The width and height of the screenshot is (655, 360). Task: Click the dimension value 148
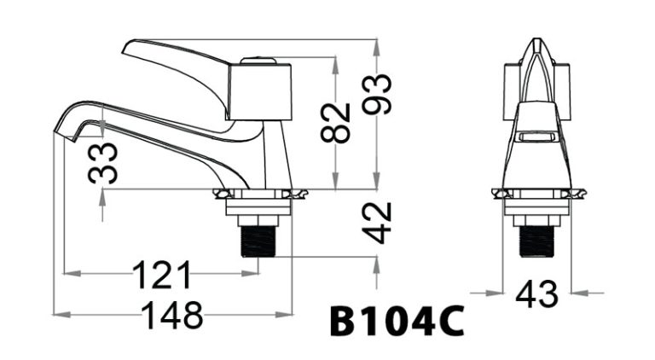(x=172, y=315)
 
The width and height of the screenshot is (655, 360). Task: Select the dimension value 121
(x=162, y=274)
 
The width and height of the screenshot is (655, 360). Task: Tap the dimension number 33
(x=104, y=163)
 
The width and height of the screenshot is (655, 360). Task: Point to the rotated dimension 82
(x=338, y=122)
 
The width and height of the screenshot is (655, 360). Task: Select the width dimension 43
(x=536, y=294)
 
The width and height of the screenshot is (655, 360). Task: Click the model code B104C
(x=397, y=323)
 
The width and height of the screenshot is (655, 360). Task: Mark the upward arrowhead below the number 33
(x=104, y=195)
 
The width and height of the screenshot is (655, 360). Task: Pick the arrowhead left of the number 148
(x=60, y=315)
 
